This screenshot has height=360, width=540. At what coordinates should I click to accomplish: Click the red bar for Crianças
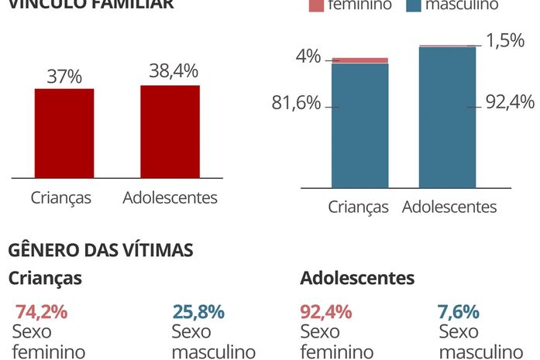click(x=64, y=133)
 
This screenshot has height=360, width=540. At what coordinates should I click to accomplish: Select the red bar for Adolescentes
click(x=170, y=132)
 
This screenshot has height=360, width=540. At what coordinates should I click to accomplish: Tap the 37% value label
click(x=64, y=77)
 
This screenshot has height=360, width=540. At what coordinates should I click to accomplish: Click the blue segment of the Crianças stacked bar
click(x=359, y=125)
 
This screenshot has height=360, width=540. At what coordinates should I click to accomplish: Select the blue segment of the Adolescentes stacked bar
click(x=447, y=118)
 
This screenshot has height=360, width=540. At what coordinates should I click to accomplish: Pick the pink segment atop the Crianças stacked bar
click(x=359, y=60)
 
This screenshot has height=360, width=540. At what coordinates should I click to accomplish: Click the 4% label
click(x=308, y=57)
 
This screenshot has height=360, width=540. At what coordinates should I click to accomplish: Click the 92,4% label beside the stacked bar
click(x=510, y=101)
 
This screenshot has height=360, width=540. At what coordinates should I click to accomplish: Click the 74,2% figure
click(x=41, y=312)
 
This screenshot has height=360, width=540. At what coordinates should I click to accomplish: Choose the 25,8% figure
click(x=198, y=312)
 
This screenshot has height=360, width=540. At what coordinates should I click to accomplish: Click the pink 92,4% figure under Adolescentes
click(x=325, y=312)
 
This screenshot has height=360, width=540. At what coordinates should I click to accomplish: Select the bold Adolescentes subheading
click(x=357, y=278)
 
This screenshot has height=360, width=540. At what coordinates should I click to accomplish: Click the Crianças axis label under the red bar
click(x=61, y=197)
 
